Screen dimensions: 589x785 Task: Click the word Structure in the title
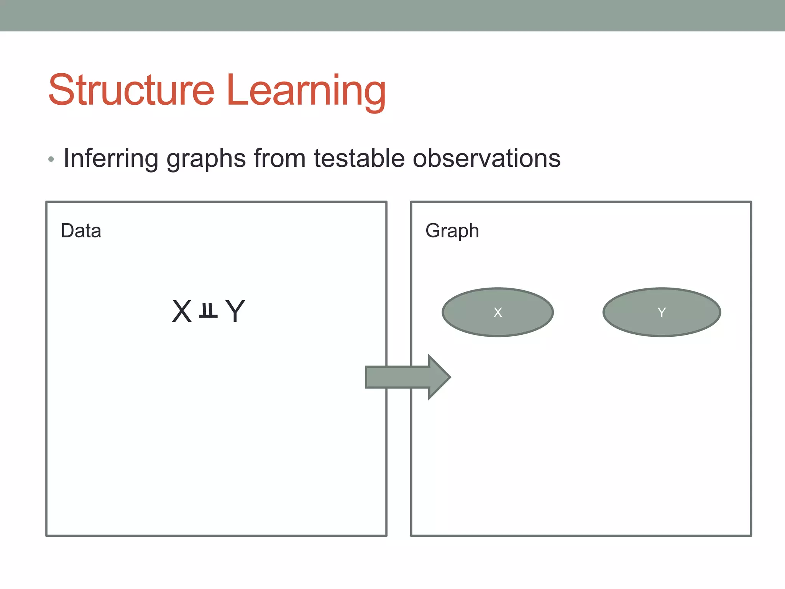[131, 90]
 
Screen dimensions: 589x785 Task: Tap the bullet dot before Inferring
[51, 159]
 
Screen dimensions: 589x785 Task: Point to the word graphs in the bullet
[206, 159]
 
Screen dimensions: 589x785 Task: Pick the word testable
[359, 158]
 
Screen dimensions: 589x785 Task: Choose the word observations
[486, 158]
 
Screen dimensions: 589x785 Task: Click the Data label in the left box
[81, 231]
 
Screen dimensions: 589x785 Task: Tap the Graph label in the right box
[452, 231]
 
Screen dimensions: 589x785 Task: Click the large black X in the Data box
[182, 311]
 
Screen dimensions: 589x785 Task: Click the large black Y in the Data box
[235, 311]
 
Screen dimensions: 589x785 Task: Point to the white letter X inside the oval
[498, 313]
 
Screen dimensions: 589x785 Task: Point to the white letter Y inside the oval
[662, 313]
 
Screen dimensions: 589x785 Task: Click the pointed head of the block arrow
[439, 377]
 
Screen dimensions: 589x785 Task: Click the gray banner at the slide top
[392, 15]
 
